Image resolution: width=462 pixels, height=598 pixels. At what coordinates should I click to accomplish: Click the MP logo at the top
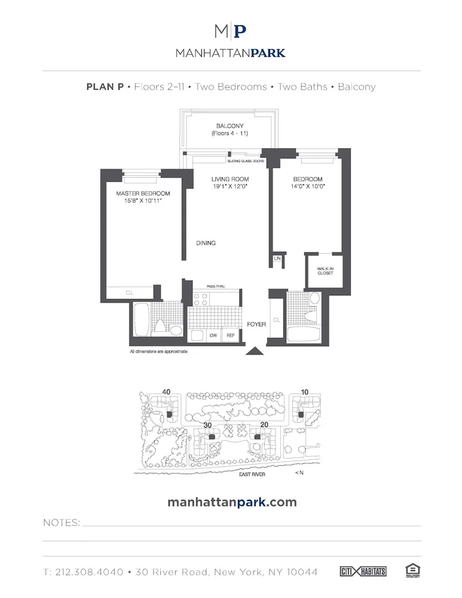[x=231, y=32]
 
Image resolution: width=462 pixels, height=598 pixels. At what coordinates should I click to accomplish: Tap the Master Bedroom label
[x=143, y=193]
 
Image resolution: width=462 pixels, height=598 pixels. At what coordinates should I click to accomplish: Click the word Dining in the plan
[x=206, y=243]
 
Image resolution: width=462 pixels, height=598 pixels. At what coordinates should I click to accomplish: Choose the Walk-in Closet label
[x=325, y=271]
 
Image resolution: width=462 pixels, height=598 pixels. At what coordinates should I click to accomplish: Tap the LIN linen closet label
[x=277, y=258]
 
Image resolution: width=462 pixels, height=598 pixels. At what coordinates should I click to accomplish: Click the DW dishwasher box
[x=213, y=336]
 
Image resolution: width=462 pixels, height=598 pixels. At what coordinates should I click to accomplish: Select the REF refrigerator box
[x=230, y=336]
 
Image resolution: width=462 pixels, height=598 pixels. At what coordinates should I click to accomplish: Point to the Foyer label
[x=256, y=324]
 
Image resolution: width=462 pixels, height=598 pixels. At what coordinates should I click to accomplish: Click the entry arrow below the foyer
[x=255, y=351]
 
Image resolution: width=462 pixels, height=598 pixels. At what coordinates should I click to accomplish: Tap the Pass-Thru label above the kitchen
[x=216, y=287]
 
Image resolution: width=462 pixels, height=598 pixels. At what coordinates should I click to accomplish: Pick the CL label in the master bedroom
[x=129, y=293]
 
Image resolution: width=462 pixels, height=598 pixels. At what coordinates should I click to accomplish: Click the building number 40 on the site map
[x=166, y=392]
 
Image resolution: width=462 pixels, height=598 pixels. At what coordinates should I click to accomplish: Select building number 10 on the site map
[x=305, y=392]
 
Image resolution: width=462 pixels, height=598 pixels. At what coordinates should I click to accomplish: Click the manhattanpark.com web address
[x=231, y=502]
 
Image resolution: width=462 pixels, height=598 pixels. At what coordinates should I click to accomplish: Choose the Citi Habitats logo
[x=363, y=572]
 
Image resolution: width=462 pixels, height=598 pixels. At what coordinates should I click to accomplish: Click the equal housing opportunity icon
[x=411, y=571]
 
